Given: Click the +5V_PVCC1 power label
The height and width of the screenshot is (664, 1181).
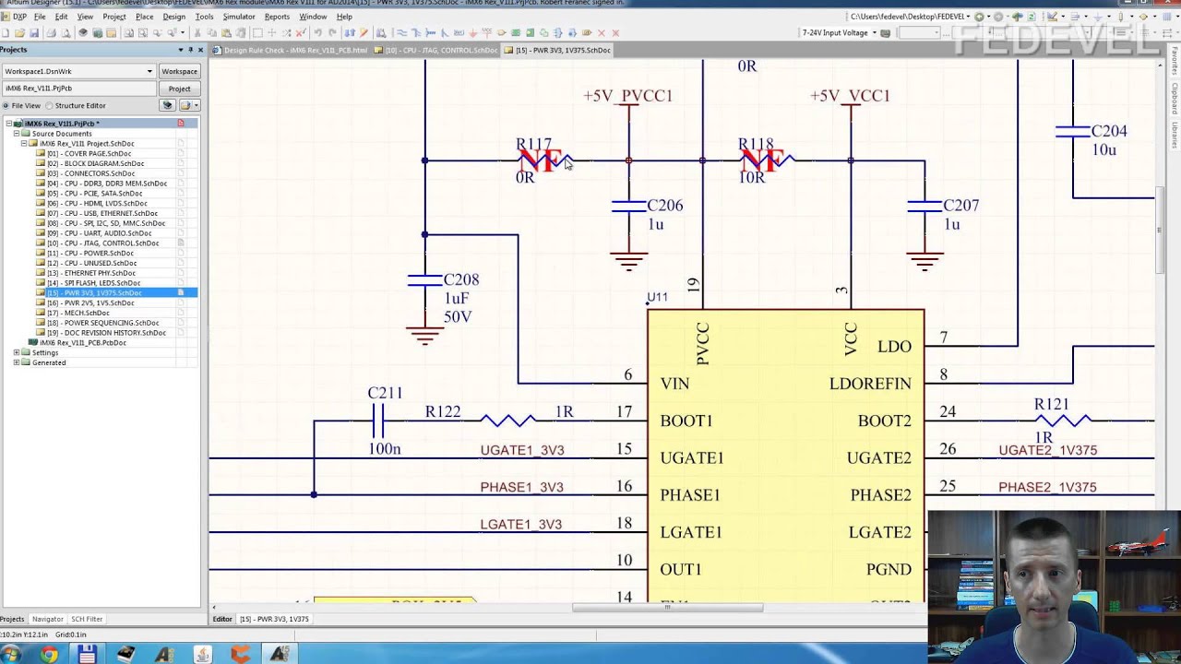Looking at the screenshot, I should [627, 95].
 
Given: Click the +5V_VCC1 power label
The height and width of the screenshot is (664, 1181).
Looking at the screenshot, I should [850, 95].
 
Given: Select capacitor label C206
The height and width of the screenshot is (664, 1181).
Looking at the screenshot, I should [664, 205].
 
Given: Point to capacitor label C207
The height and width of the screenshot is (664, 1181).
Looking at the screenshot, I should [960, 205].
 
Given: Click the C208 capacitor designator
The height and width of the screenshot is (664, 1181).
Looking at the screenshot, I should [460, 279].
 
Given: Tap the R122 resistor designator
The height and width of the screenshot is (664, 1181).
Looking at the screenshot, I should [442, 412].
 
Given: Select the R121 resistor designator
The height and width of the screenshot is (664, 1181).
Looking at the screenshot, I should [1051, 404].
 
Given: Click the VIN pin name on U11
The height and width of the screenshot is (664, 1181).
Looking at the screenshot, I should [674, 384].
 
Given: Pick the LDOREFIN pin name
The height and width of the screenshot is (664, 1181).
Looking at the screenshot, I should [869, 384].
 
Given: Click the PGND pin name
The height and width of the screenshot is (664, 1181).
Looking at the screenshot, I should [888, 569].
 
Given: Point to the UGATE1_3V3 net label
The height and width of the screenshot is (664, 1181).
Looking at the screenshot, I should [521, 450].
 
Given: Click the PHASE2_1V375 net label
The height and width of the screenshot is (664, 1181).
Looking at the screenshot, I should [1047, 487].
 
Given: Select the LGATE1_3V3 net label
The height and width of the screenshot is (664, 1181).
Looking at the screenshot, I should [520, 524].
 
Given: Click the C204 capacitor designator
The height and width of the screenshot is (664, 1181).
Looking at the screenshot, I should [1108, 131].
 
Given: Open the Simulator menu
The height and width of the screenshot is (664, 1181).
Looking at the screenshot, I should [238, 17].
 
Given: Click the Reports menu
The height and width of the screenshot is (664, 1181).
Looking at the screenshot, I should [277, 17].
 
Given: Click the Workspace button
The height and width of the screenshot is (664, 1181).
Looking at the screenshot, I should [179, 71].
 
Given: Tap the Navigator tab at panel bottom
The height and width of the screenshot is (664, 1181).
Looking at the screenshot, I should [47, 619].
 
